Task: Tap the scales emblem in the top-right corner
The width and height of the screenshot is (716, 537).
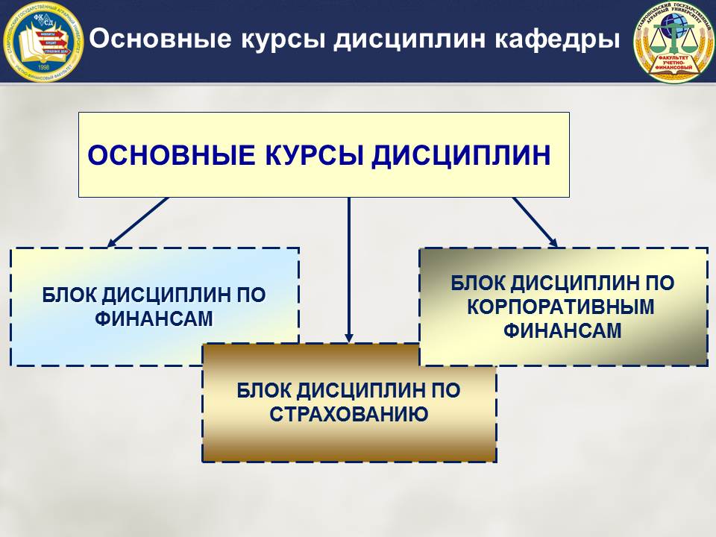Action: coord(673,41)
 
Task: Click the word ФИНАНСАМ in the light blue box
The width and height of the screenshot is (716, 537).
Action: coord(154,318)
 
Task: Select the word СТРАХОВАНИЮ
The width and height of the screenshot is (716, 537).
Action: coord(348,413)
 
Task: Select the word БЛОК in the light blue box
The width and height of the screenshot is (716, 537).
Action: coord(69,295)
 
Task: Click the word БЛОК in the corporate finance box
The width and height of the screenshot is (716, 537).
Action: coord(477,283)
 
